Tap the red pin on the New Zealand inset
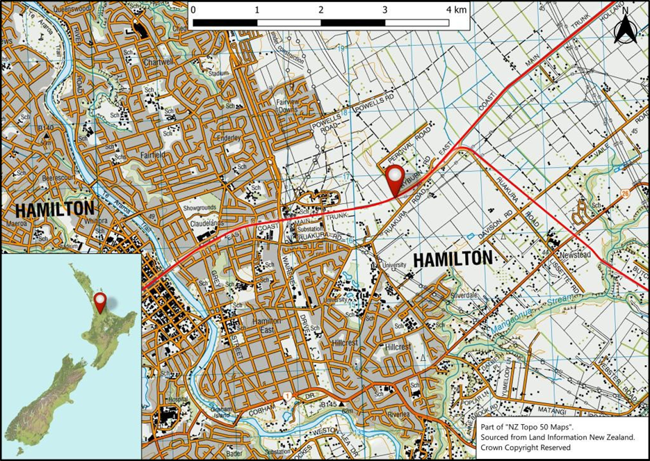tap(101, 302)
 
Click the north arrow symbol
tap(625, 29)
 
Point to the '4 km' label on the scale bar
tap(456, 10)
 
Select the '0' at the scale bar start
tap(193, 10)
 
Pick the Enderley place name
tap(228, 138)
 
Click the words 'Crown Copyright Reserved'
tap(525, 447)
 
